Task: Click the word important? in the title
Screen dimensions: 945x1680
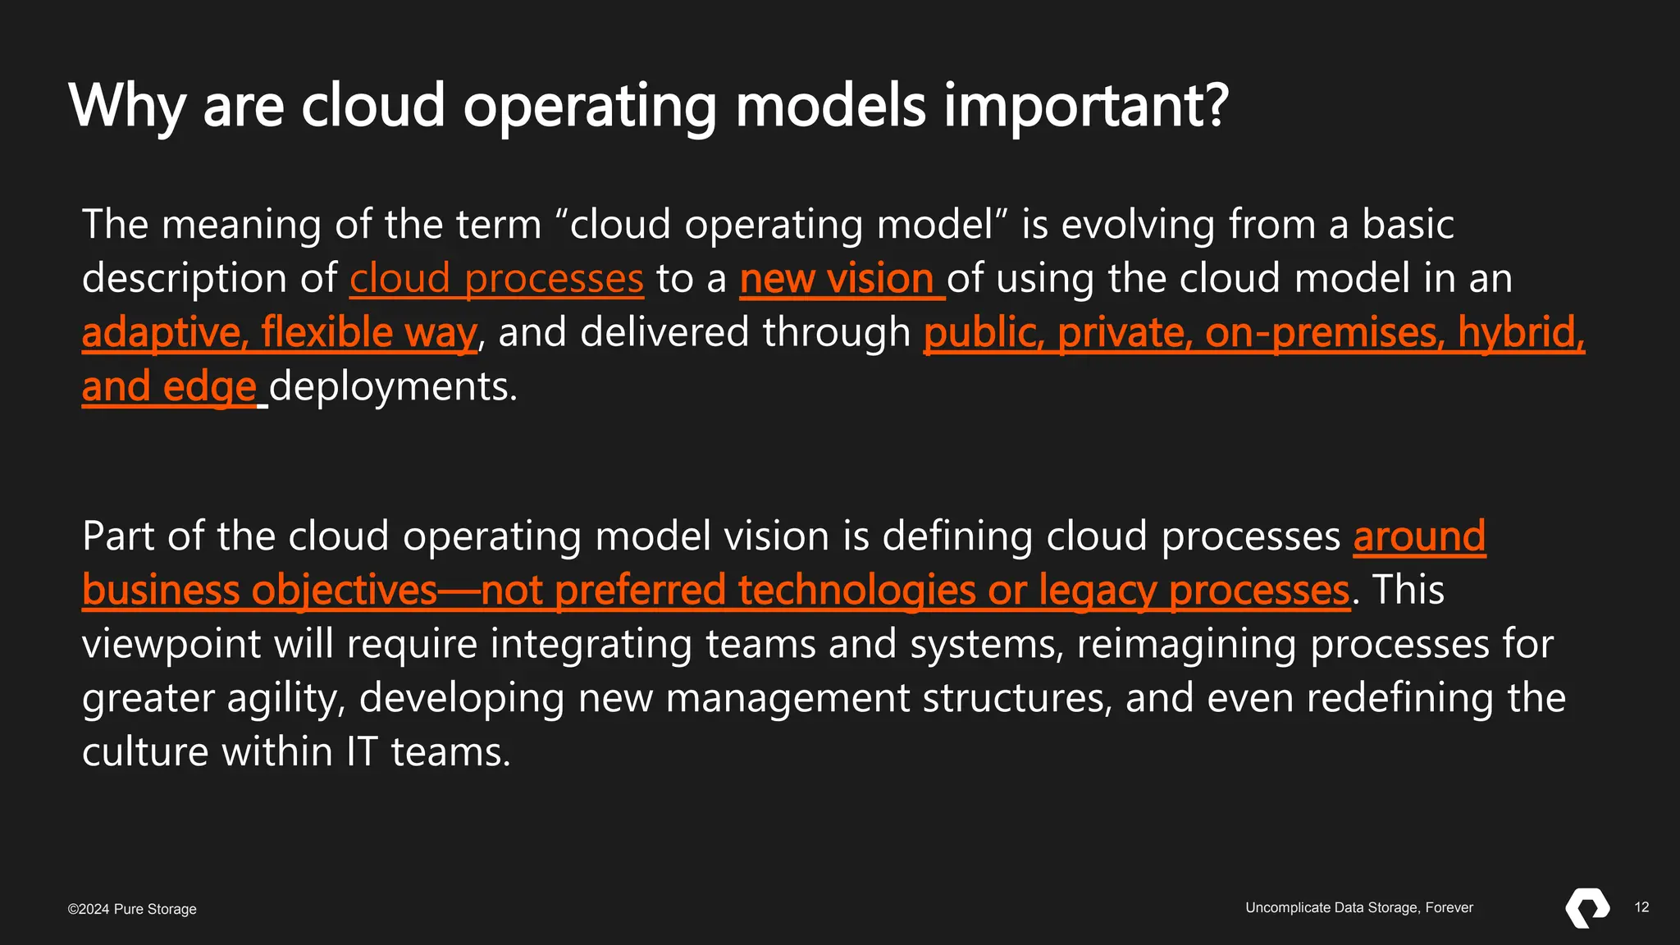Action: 1085,107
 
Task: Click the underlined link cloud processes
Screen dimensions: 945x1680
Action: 496,279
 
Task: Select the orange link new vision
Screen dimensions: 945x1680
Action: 837,279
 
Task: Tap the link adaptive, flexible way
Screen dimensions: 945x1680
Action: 279,333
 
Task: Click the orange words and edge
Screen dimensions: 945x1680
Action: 169,387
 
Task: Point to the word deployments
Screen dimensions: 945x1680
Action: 393,387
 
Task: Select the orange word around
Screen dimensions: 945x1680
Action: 1419,536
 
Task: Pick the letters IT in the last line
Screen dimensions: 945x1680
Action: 361,752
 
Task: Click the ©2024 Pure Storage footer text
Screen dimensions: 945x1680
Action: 132,909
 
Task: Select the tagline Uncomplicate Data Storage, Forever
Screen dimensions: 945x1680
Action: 1359,907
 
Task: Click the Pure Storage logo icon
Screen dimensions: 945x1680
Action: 1587,908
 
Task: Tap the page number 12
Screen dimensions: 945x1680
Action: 1641,907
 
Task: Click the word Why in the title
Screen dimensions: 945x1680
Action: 127,107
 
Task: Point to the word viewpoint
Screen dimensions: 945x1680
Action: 171,645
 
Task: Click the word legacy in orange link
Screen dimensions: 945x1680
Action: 1098,591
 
